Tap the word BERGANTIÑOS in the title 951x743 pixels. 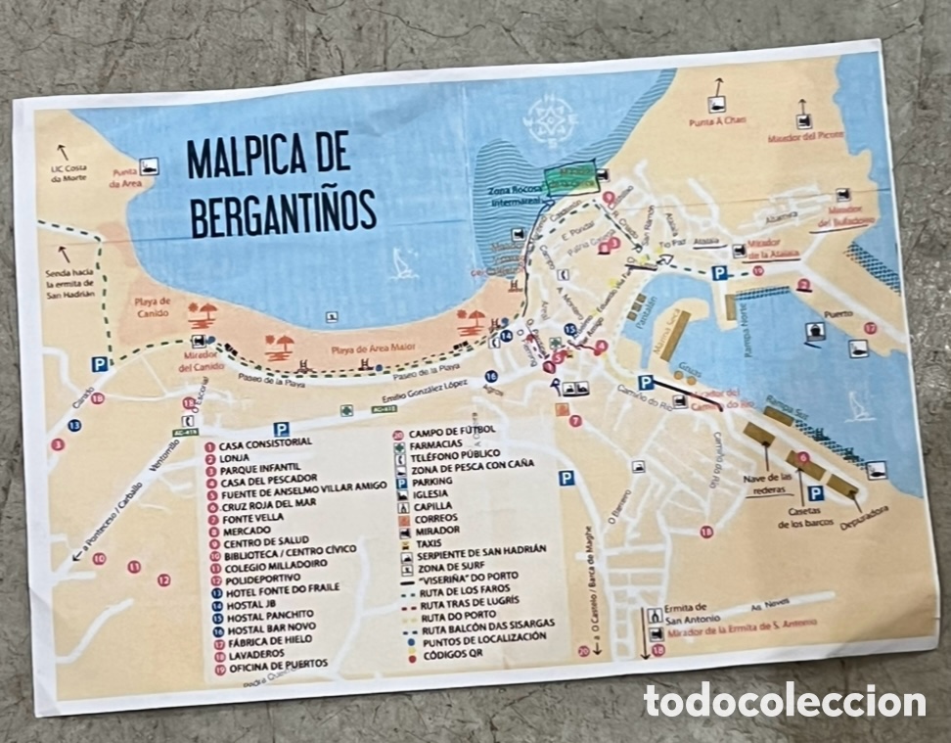pos(284,211)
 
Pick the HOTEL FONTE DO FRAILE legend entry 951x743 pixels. pos(282,587)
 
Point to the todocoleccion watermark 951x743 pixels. pos(784,701)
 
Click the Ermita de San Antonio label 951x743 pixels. pos(692,613)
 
